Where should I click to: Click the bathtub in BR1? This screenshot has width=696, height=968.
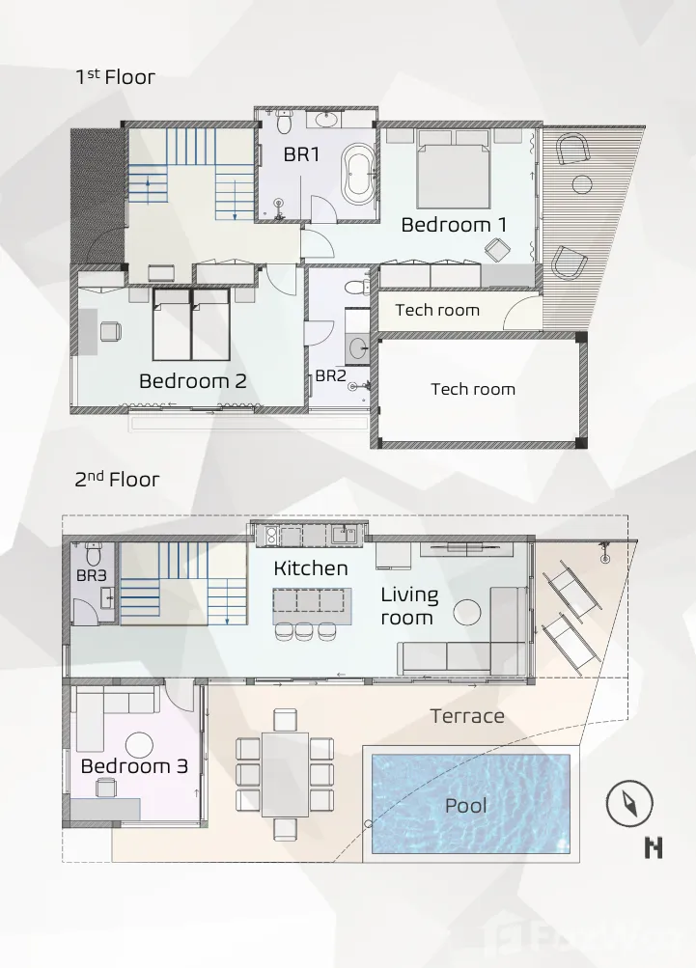tap(359, 175)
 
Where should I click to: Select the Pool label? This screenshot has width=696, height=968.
tap(466, 805)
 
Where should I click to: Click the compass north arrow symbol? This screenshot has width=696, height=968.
tap(629, 803)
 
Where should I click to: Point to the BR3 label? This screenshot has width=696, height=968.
tap(92, 575)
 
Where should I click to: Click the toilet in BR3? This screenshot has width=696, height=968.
tap(94, 554)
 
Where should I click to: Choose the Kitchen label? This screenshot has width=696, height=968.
tap(311, 567)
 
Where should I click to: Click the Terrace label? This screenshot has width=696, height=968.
tap(467, 716)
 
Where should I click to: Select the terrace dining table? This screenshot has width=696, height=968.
tap(285, 774)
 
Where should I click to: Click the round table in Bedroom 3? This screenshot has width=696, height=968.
tap(139, 745)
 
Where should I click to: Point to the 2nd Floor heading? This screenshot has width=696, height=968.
tap(117, 479)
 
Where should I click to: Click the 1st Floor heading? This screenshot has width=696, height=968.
tap(115, 76)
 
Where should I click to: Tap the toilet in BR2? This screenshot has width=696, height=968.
tap(356, 287)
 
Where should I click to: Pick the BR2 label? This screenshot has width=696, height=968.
tap(330, 375)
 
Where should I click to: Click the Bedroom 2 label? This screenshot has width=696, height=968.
tap(193, 381)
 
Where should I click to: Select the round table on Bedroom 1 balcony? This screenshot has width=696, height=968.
tap(582, 184)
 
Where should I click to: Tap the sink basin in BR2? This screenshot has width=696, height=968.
tap(357, 349)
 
